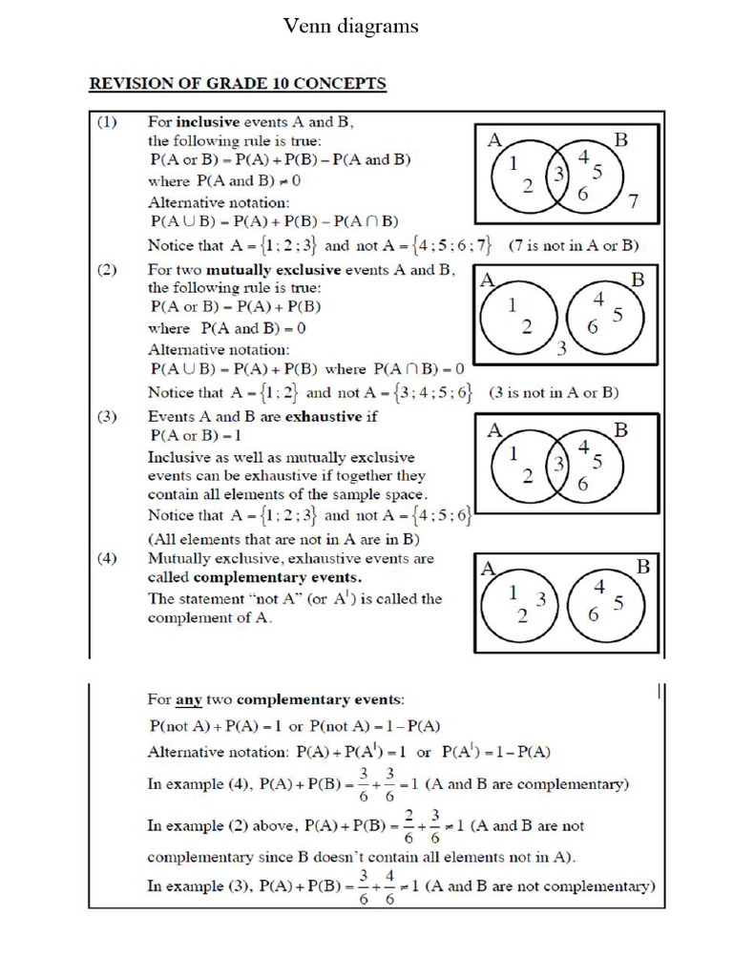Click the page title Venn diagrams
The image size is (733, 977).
[350, 26]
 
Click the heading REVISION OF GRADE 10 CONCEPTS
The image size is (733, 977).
[238, 84]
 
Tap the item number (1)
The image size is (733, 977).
[107, 122]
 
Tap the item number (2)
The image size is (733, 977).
[107, 270]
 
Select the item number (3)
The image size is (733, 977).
[107, 417]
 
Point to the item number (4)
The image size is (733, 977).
[107, 559]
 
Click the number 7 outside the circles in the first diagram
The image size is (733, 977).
[633, 200]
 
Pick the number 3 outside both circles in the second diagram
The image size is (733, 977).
[561, 348]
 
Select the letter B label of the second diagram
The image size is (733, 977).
[638, 280]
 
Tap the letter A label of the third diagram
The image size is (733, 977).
[494, 430]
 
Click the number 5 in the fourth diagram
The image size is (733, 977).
[618, 602]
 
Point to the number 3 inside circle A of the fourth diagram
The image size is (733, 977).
[540, 599]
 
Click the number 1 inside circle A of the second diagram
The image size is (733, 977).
[513, 305]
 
